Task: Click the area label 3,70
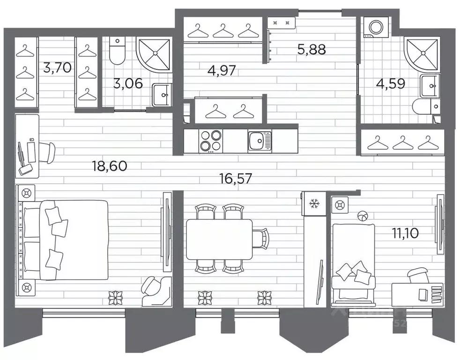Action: click(x=57, y=68)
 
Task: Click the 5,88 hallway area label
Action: click(x=312, y=49)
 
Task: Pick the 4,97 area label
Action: click(x=222, y=71)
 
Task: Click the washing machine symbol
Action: click(x=375, y=28)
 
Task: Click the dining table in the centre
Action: click(x=219, y=239)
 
